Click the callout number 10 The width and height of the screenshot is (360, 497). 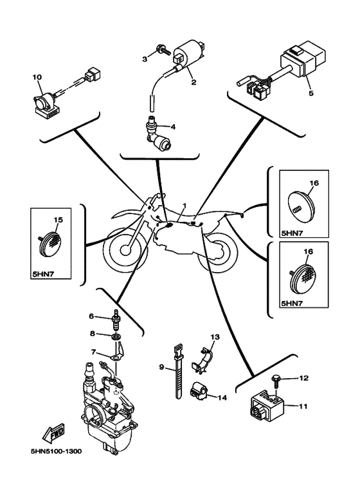click(x=37, y=77)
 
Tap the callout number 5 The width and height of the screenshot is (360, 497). click(x=311, y=93)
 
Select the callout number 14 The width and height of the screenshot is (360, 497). click(x=222, y=397)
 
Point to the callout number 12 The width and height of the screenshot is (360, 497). click(x=303, y=378)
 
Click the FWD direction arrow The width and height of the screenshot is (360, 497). click(x=54, y=433)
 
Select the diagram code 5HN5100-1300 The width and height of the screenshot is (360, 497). click(x=55, y=451)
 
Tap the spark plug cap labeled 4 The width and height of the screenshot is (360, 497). click(x=157, y=132)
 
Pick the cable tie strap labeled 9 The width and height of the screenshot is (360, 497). click(x=178, y=371)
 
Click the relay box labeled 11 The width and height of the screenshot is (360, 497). click(x=267, y=407)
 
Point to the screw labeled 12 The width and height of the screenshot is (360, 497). click(x=276, y=382)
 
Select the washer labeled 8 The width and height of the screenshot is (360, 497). click(x=116, y=336)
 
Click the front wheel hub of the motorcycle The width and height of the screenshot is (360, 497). click(x=125, y=250)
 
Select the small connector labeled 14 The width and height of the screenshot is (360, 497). click(x=198, y=389)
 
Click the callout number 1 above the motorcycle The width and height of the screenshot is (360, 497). click(x=184, y=206)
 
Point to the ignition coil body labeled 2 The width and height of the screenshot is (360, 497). click(x=190, y=55)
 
